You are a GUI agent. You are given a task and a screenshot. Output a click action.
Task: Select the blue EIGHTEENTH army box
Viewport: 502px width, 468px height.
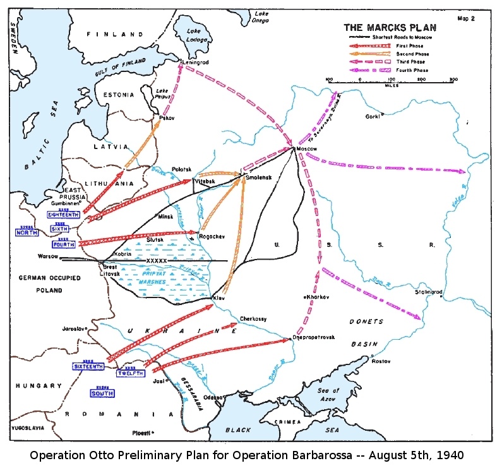click(64, 215)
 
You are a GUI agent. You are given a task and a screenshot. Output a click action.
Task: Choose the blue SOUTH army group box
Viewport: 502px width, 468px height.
click(102, 393)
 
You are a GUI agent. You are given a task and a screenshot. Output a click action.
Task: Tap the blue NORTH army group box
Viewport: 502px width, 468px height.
click(27, 232)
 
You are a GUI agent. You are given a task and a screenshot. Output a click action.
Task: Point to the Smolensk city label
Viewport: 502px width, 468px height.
click(259, 179)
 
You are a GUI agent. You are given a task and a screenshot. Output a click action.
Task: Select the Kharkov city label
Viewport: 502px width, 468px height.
click(318, 296)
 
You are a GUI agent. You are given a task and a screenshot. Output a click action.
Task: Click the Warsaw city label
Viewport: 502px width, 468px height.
click(47, 257)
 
